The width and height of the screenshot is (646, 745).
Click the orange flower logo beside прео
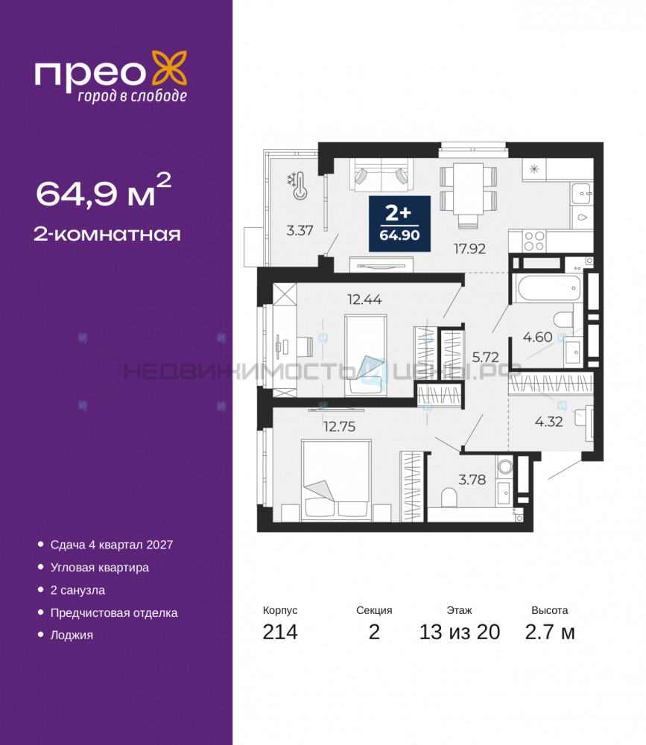(168, 69)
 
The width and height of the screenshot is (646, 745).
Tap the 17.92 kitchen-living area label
(469, 249)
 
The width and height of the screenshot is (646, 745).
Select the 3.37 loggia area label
(300, 230)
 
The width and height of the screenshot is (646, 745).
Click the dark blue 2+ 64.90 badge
(400, 223)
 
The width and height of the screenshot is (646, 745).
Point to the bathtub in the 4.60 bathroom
(548, 288)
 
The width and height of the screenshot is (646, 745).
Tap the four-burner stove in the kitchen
(533, 241)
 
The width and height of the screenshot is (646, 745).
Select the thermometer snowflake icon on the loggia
(297, 186)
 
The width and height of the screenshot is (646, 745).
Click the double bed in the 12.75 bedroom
(336, 479)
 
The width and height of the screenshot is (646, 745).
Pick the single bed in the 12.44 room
(366, 355)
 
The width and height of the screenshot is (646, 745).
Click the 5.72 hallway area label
(485, 357)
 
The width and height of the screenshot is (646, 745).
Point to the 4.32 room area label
(548, 422)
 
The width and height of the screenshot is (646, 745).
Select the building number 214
(280, 632)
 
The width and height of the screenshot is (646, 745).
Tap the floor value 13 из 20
(459, 632)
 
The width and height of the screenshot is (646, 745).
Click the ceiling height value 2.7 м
(550, 632)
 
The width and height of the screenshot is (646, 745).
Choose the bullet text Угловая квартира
(99, 567)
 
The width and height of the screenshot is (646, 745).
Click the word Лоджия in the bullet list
(72, 635)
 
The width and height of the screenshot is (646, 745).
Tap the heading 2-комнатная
(107, 234)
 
